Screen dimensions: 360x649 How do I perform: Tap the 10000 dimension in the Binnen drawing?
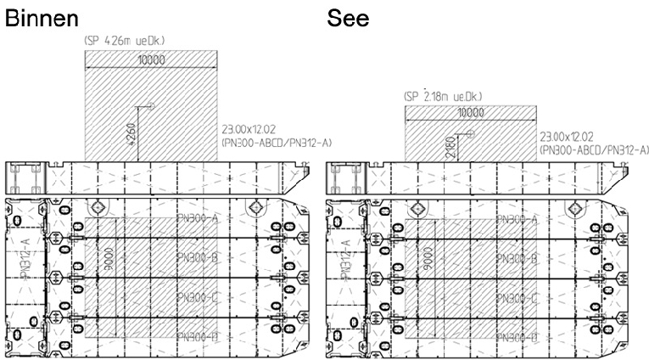click(x=150, y=59)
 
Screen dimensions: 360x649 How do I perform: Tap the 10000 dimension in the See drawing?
click(x=471, y=112)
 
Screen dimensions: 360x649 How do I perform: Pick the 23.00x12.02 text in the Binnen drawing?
click(x=248, y=129)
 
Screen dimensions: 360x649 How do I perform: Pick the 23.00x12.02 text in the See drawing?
click(x=567, y=135)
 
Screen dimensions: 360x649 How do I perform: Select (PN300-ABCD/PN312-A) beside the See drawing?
click(x=591, y=148)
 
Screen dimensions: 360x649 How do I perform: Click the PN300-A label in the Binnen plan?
click(x=198, y=218)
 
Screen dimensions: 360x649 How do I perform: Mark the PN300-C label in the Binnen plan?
click(x=198, y=297)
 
